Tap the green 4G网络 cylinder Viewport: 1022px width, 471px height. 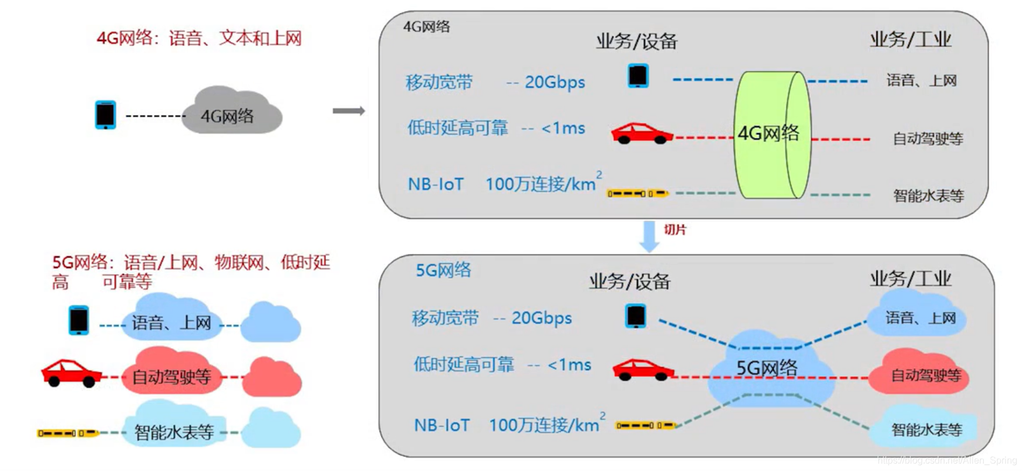pyautogui.click(x=771, y=134)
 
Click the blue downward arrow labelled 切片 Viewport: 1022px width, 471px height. pyautogui.click(x=649, y=235)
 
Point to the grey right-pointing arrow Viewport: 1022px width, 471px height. pyautogui.click(x=349, y=111)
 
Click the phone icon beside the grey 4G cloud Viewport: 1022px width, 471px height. pyautogui.click(x=106, y=114)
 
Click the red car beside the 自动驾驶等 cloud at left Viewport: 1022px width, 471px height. pyautogui.click(x=70, y=373)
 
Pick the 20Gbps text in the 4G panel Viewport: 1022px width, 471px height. pyautogui.click(x=554, y=83)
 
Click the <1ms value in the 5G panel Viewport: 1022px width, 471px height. pyautogui.click(x=569, y=365)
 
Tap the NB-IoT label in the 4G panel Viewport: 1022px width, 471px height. pyautogui.click(x=436, y=185)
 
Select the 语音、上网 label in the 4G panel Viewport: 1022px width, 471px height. pyautogui.click(x=921, y=80)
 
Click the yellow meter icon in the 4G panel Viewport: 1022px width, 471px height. pyautogui.click(x=637, y=193)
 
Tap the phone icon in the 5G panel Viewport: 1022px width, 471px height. pyautogui.click(x=636, y=316)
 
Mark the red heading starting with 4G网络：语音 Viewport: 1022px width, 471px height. pyautogui.click(x=199, y=39)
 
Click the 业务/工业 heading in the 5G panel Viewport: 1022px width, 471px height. pyautogui.click(x=910, y=279)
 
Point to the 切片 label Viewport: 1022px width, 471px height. pyautogui.click(x=675, y=230)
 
